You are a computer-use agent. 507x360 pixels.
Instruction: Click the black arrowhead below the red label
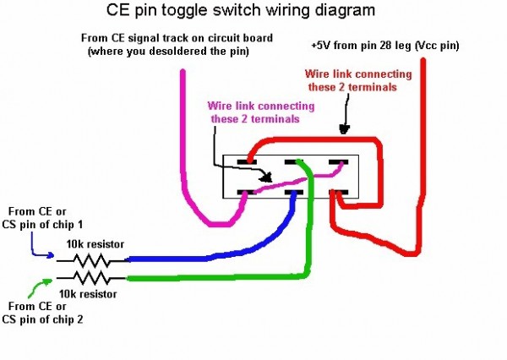342,129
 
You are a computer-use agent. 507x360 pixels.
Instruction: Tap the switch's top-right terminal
338,161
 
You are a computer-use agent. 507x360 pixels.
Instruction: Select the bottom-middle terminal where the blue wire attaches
294,194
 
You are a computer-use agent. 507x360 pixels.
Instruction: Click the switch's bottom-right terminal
338,194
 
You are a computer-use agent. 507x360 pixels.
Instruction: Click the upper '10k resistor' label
95,243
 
